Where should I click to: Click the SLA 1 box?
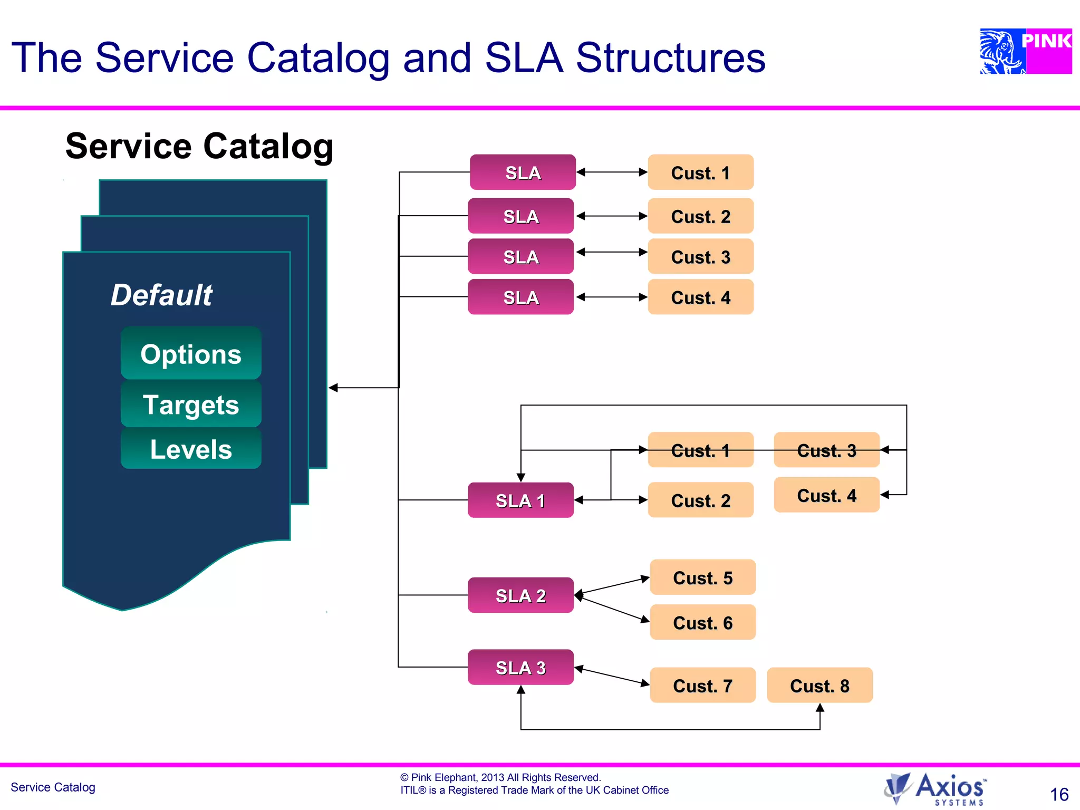pyautogui.click(x=520, y=500)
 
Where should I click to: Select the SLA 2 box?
pyautogui.click(x=520, y=595)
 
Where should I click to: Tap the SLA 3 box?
pyautogui.click(x=520, y=667)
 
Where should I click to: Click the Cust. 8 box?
pyautogui.click(x=819, y=685)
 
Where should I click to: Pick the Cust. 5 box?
pyautogui.click(x=702, y=577)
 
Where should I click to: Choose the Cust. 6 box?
pyautogui.click(x=702, y=622)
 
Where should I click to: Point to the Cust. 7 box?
pyautogui.click(x=702, y=685)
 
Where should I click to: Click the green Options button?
pyautogui.click(x=191, y=353)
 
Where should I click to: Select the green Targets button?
pyautogui.click(x=191, y=404)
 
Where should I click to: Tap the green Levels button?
pyautogui.click(x=191, y=449)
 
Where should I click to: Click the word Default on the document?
pyautogui.click(x=161, y=294)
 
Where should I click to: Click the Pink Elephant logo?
pyautogui.click(x=1025, y=51)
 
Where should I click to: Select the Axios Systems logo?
pyautogui.click(x=935, y=788)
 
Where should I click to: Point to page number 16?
pyautogui.click(x=1059, y=794)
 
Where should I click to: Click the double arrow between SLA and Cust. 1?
pyautogui.click(x=612, y=172)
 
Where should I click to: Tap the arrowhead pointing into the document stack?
pyautogui.click(x=333, y=388)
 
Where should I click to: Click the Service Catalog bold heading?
pyautogui.click(x=199, y=146)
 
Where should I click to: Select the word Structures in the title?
pyautogui.click(x=670, y=57)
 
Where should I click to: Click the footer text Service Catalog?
pyautogui.click(x=53, y=787)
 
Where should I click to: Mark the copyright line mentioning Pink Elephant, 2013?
pyautogui.click(x=500, y=777)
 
